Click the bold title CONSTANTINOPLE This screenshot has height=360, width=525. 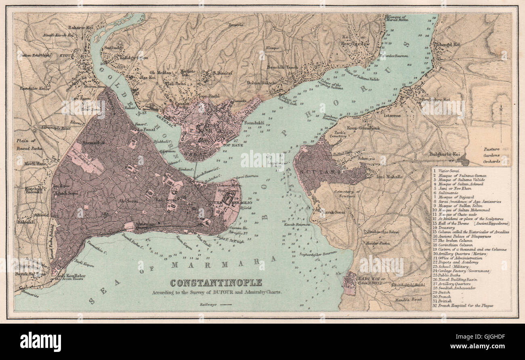pos(216,283)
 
